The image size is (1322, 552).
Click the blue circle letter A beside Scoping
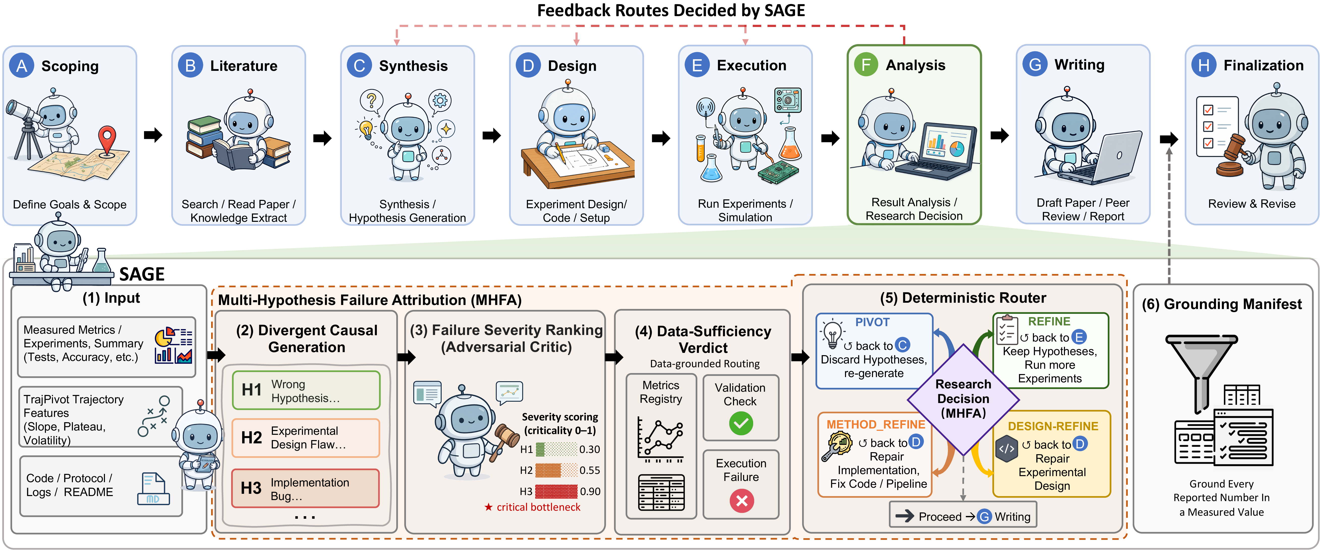[x=21, y=66]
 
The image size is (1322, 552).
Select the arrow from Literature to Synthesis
[x=322, y=137]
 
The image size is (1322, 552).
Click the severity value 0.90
[x=590, y=492]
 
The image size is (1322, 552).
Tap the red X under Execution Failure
[x=742, y=501]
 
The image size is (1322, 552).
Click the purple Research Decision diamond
[x=963, y=399]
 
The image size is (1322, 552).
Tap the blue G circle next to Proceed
[x=984, y=517]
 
